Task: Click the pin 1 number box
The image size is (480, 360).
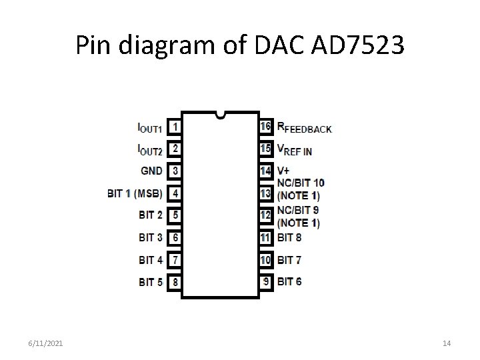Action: [x=175, y=126]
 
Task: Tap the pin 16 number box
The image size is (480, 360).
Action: [x=265, y=126]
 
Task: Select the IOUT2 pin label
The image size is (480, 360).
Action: [x=149, y=149]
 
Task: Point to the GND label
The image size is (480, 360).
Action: [x=151, y=171]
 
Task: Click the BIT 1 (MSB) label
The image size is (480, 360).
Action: [x=135, y=193]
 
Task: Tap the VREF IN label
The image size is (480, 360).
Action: [x=294, y=150]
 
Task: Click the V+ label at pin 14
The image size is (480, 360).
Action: [x=283, y=171]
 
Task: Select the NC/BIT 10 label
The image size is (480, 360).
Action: [x=301, y=182]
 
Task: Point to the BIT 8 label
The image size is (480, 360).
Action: [x=289, y=237]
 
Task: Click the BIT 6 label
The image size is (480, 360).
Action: [x=289, y=281]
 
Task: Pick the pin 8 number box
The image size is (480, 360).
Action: [x=175, y=282]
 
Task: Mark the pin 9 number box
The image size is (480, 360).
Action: [x=265, y=281]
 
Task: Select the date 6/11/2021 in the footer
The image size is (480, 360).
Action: [x=47, y=343]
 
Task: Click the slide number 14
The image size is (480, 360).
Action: [x=447, y=343]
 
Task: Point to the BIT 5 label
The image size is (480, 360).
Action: [x=151, y=282]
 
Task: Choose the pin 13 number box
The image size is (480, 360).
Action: [x=265, y=193]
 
